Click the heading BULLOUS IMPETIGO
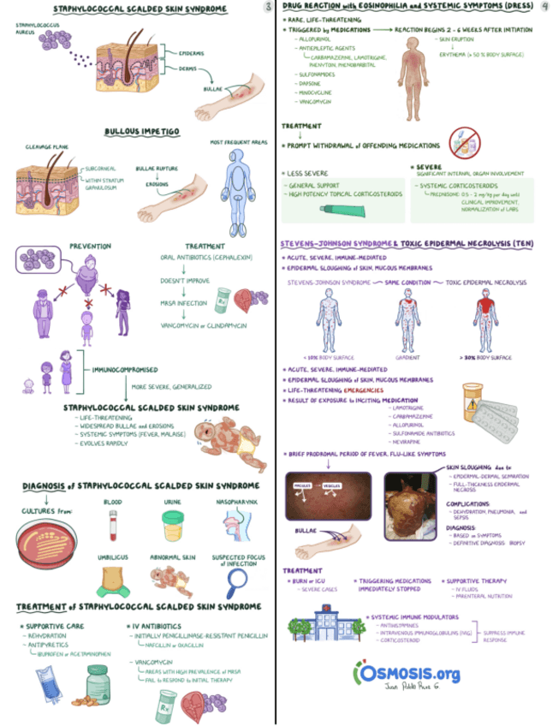[142, 132]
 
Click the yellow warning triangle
[472, 396]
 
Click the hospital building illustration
[329, 622]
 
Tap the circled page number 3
[268, 7]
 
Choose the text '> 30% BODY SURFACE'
[485, 355]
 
